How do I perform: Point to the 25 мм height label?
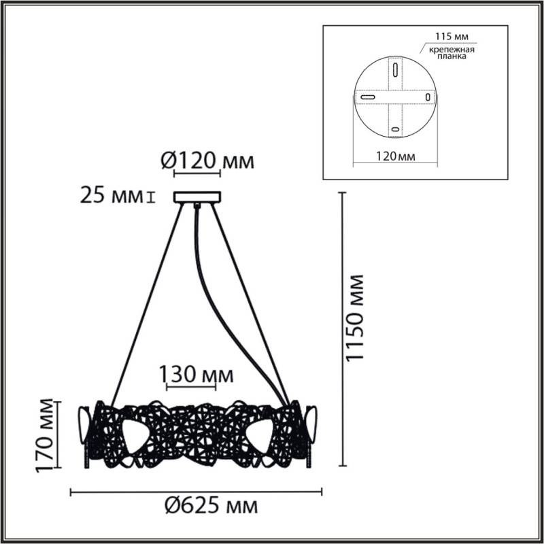pos(113,197)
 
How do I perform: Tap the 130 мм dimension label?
pos(197,374)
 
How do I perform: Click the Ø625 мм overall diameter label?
pos(211,506)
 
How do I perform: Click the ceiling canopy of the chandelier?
pos(197,197)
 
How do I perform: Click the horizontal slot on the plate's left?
pos(369,99)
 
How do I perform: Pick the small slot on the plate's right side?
pos(427,97)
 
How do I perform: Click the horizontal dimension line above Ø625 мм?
pos(197,490)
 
